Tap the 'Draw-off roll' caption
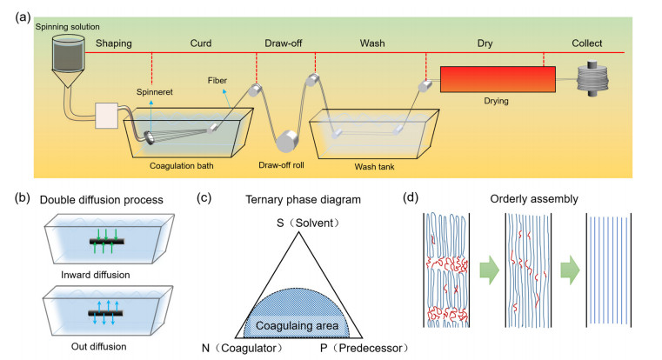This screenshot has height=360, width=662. [281, 163]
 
